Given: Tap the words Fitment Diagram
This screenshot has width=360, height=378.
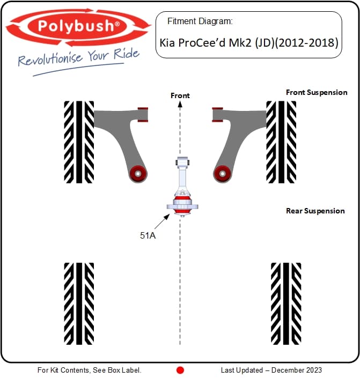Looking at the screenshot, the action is [200, 21].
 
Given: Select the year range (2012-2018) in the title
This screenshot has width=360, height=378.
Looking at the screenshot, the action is [307, 43].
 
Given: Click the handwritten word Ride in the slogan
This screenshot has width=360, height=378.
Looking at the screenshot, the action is [127, 54].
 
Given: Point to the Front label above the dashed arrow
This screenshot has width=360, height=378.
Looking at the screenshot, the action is [180, 95].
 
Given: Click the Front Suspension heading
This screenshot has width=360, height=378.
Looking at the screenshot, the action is [317, 92].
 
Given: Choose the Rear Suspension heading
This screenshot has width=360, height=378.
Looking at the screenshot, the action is [315, 211].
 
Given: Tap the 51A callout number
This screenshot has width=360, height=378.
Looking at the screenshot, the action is [148, 235].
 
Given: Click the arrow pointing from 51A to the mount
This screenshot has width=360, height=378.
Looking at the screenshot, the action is [162, 221].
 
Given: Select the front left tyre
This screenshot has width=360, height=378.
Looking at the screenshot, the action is [79, 142].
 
